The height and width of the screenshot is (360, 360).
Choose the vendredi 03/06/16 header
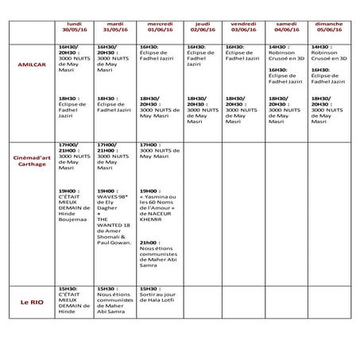tap(242, 29)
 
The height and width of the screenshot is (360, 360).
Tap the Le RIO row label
tap(30, 304)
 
